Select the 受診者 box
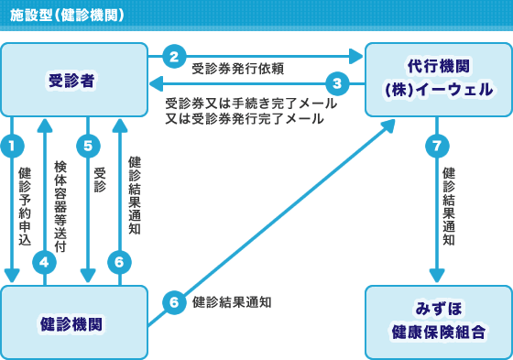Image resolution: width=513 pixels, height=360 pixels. coord(73,80)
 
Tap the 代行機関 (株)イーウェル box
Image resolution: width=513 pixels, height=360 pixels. coord(438,79)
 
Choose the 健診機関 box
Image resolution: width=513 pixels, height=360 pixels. coord(73,322)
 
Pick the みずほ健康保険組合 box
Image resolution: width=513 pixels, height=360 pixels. coord(438,322)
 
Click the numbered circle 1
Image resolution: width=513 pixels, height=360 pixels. coord(12,144)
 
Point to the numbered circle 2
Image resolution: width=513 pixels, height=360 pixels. coord(174,56)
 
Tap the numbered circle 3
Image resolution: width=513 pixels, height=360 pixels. coord(337,83)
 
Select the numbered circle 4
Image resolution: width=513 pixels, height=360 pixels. coord(44,262)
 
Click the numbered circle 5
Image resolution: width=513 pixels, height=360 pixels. coord(88,144)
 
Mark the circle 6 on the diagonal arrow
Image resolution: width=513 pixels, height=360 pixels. coord(174,300)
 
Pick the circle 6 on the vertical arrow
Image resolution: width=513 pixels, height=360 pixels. coord(119,262)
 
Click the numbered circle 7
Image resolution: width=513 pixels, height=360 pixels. coord(438,144)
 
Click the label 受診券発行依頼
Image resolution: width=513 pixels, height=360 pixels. coord(237,69)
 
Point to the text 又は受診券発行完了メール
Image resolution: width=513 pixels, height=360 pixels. coord(244,119)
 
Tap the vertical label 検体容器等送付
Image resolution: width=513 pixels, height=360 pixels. coord(60,206)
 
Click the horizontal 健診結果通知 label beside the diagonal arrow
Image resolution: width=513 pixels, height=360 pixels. coord(232,301)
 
